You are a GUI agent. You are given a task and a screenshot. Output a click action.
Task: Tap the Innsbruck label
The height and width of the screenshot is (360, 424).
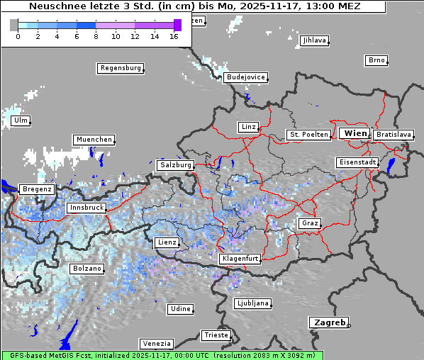click(x=87, y=208)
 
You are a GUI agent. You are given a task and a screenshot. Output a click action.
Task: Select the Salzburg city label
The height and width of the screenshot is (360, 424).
click(x=175, y=164)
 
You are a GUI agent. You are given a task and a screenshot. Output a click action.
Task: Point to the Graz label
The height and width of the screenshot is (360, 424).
click(x=309, y=223)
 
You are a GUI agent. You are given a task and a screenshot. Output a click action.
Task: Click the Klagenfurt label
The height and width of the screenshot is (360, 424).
click(x=240, y=259)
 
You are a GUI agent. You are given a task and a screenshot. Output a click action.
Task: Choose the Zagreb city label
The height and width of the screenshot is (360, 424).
click(x=328, y=322)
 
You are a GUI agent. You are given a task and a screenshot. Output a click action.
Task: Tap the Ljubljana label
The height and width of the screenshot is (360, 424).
click(x=252, y=303)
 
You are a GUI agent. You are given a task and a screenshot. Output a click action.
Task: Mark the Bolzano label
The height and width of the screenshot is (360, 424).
click(x=87, y=269)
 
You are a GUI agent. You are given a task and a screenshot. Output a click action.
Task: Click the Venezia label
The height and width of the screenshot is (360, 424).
click(x=156, y=343)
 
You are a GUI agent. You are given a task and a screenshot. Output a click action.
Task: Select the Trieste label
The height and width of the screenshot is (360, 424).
click(x=216, y=334)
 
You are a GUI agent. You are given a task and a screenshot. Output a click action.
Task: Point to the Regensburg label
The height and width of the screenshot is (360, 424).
click(x=120, y=68)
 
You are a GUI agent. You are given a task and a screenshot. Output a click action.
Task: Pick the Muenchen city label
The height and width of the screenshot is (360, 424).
click(x=94, y=140)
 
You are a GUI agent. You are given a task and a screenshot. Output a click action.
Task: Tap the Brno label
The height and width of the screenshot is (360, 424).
click(x=376, y=60)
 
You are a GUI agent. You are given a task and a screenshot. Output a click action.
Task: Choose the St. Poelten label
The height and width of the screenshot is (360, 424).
click(x=308, y=134)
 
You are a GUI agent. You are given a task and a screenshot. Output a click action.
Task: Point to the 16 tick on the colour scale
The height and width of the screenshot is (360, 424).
click(x=174, y=36)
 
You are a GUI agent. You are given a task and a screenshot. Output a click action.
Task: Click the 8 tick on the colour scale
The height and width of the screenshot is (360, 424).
click(x=96, y=36)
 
